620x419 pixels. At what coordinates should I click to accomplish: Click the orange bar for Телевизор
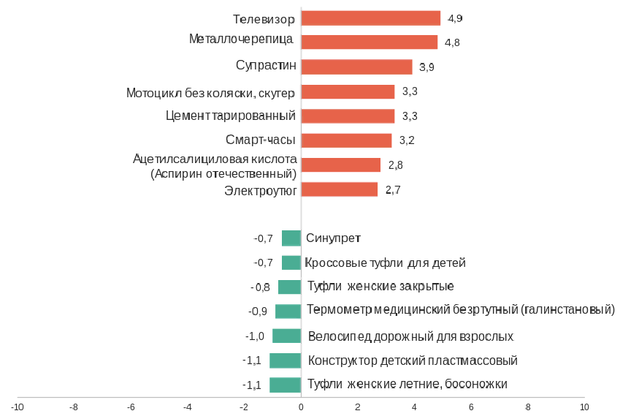tap(370, 18)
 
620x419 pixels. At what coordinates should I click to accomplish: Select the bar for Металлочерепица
tap(369, 42)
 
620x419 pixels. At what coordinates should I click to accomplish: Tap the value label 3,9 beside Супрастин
tap(427, 67)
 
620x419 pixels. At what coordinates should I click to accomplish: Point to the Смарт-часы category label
tap(261, 140)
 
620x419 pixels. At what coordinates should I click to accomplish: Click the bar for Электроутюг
tap(339, 189)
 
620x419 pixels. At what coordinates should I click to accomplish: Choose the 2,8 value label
tap(396, 165)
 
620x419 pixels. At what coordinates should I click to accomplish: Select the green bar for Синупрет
tap(291, 238)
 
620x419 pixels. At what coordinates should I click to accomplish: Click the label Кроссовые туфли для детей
tap(385, 263)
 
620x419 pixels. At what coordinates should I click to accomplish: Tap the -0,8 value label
tap(260, 287)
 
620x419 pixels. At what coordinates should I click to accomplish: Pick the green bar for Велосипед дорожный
tap(286, 336)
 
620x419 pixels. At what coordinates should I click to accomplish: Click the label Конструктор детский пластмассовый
tap(413, 361)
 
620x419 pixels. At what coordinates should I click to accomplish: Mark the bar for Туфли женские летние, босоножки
tap(285, 385)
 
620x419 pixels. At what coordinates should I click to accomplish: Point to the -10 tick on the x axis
tap(18, 407)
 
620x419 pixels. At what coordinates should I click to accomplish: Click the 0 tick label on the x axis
tap(301, 407)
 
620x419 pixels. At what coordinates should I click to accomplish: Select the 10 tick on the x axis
tap(583, 407)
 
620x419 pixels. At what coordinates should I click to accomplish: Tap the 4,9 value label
tap(455, 18)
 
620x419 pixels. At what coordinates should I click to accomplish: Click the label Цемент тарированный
tap(230, 116)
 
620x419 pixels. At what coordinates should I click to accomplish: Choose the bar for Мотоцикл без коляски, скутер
tap(348, 91)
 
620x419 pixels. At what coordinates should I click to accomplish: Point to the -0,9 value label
tap(258, 312)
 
